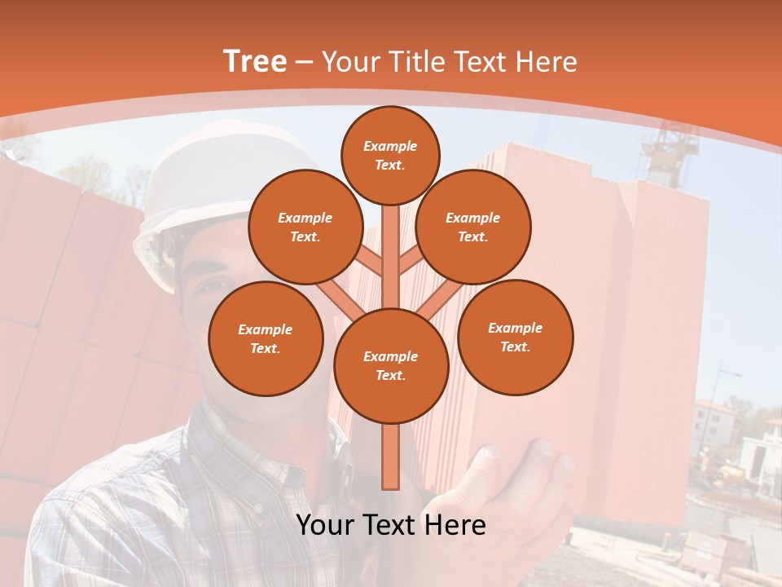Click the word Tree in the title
254,61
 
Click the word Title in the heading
416,61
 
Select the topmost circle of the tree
390,155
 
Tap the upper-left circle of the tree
305,227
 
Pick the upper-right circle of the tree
472,227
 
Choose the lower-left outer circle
265,338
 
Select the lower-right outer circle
515,337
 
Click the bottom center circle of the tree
391,365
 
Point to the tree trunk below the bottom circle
390,457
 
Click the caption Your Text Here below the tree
390,525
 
